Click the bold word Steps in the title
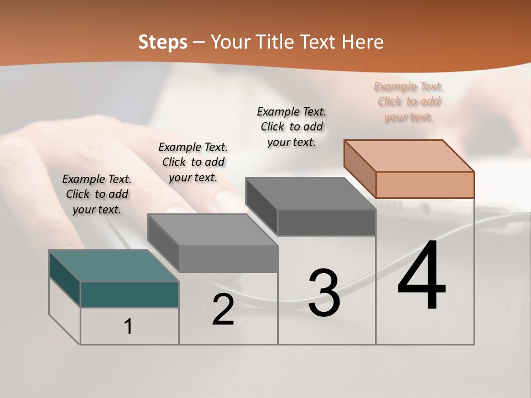[x=163, y=42]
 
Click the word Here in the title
[x=362, y=42]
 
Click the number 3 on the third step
[x=324, y=293]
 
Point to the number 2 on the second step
[x=223, y=310]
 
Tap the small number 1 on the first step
[x=128, y=326]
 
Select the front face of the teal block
[x=129, y=294]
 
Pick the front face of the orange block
[x=425, y=185]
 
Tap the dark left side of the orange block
[x=360, y=169]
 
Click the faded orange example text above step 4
[x=409, y=102]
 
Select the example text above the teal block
[x=97, y=194]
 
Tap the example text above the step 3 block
[x=291, y=127]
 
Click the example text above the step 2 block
[x=193, y=162]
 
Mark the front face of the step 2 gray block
[x=228, y=259]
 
